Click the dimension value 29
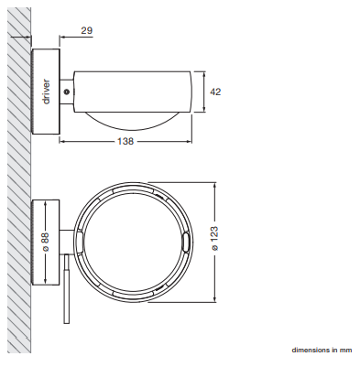[x=87, y=30]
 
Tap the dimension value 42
[x=215, y=92]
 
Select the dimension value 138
[x=125, y=141]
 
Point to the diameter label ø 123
[x=214, y=238]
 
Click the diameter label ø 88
[x=45, y=243]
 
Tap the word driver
[x=46, y=92]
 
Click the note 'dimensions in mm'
[x=322, y=350]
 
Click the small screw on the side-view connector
[x=67, y=92]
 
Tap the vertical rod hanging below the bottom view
[x=67, y=289]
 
